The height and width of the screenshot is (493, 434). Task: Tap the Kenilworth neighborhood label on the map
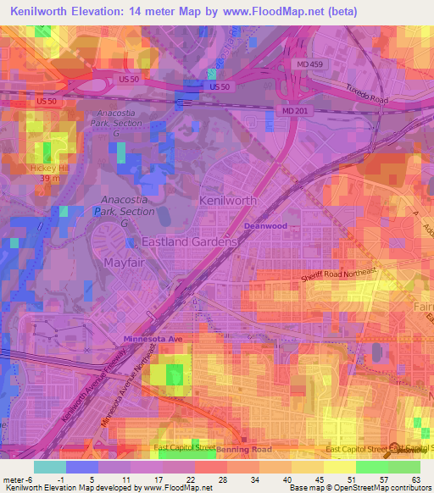click(227, 200)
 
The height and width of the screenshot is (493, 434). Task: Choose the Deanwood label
click(265, 226)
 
